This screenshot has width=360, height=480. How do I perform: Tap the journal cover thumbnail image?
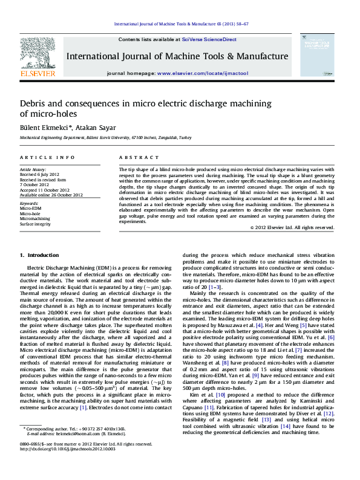[x=317, y=54]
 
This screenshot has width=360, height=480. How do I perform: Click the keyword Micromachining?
[x=36, y=219]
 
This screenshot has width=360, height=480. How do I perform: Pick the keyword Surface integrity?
[x=36, y=224]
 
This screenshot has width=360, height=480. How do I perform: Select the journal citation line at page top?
[x=182, y=25]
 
